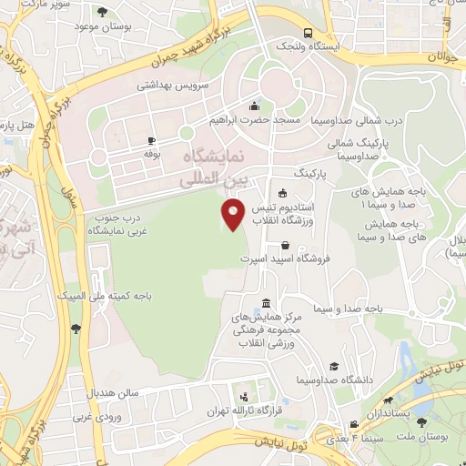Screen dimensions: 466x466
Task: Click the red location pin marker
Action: [x=234, y=215]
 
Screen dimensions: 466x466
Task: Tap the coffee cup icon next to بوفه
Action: [x=151, y=141]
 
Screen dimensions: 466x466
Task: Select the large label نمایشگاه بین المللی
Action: [x=204, y=168]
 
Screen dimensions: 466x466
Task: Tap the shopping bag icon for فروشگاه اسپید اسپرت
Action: [x=287, y=245]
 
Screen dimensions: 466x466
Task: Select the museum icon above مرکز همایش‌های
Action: [x=265, y=303]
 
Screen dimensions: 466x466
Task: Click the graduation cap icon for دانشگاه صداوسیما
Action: [x=336, y=365]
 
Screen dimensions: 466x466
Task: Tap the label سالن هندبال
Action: [x=113, y=393]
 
